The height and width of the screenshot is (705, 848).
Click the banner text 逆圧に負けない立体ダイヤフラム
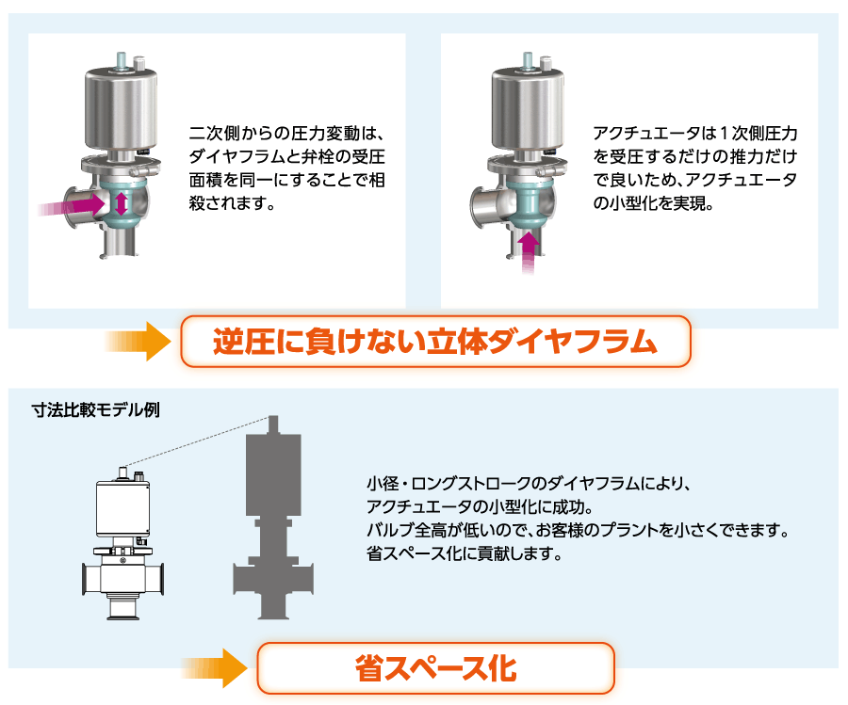click(434, 342)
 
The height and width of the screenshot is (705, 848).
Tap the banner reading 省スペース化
click(435, 668)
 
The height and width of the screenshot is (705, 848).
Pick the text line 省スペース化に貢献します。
click(465, 553)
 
